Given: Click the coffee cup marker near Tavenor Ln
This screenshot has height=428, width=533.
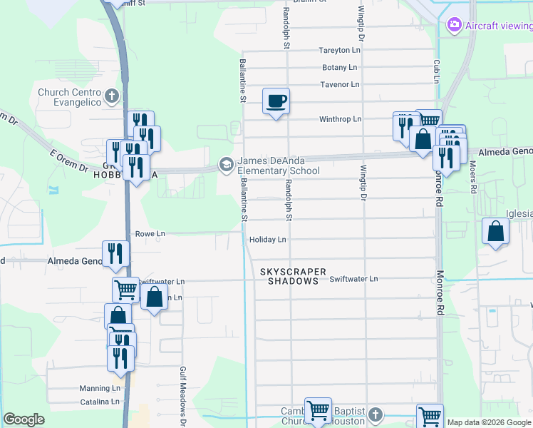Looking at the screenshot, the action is pos(276,101).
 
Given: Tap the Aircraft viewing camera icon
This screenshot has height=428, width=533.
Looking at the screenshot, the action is pos(453,26).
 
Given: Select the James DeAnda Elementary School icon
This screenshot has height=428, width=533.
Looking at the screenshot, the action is pos(226,165).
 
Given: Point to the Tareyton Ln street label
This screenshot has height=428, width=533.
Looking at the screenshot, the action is pos(339,50).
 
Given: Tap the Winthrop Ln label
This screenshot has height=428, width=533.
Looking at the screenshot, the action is pos(341,118).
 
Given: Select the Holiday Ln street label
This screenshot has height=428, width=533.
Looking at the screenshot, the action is pos(267,240).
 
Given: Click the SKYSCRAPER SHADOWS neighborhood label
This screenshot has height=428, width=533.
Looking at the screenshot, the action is pos(293,276).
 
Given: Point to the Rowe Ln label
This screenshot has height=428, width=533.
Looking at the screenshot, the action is pos(150,233).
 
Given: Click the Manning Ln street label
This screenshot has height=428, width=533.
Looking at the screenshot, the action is pos(100,388).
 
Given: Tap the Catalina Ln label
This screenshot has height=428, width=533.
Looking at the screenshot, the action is pos(99,402).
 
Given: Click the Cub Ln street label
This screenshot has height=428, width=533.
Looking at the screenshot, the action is pos(436,71).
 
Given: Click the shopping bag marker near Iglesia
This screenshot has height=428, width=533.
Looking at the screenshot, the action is pos(495,233).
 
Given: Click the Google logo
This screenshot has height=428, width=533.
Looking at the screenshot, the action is pos(24,419).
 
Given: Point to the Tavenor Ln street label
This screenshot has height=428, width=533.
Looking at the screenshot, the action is pos(339,84).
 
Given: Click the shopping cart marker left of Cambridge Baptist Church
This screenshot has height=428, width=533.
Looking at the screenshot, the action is pos(318,412).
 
